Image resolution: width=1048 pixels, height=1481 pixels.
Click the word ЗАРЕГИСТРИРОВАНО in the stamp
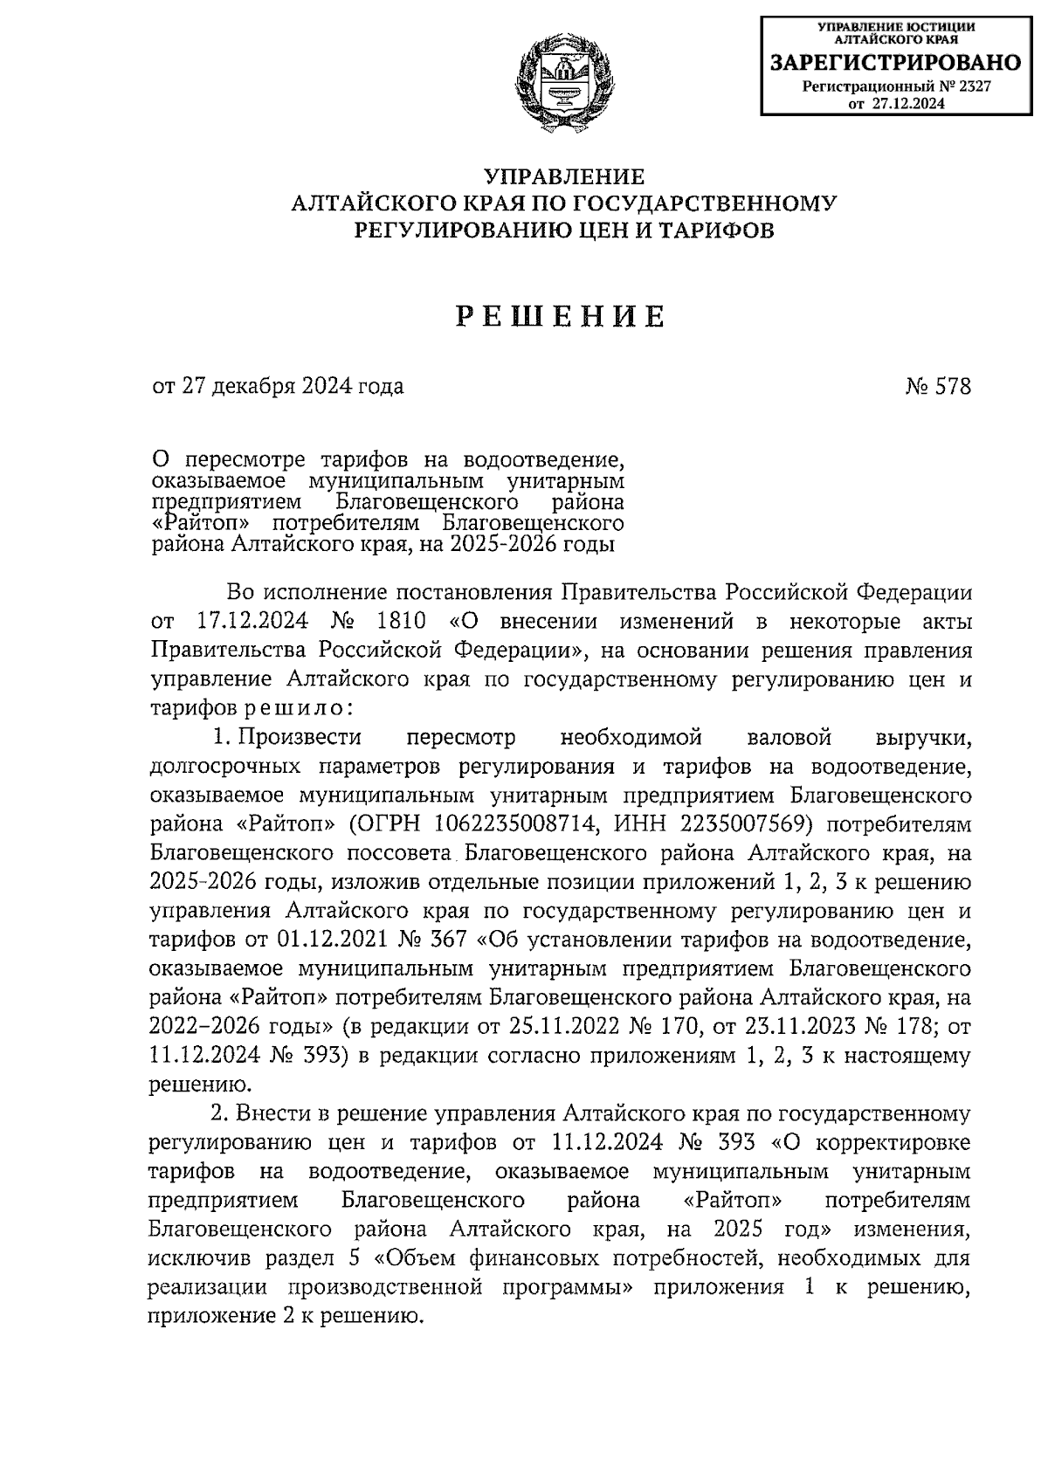(x=894, y=63)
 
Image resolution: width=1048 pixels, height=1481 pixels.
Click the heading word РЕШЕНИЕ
(x=562, y=316)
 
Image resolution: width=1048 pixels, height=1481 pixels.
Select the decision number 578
(x=952, y=386)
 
